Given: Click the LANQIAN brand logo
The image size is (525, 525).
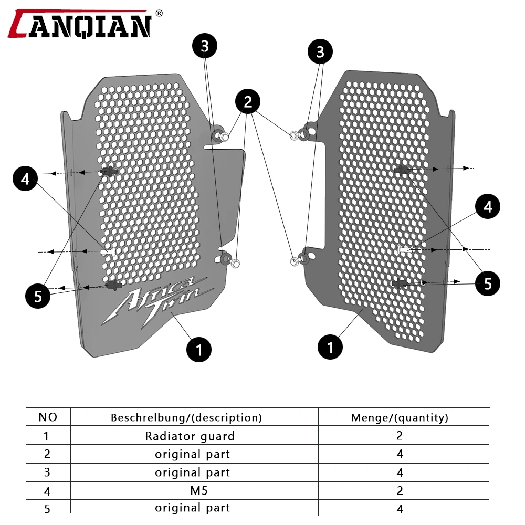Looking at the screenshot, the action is pyautogui.click(x=80, y=24).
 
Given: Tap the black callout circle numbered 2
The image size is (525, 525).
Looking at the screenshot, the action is pyautogui.click(x=248, y=102).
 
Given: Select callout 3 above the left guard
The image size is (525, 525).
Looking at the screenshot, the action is pyautogui.click(x=205, y=46).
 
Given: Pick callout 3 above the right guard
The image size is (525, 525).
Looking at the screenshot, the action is pyautogui.click(x=320, y=51).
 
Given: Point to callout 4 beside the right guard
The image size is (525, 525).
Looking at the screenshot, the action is pyautogui.click(x=488, y=207).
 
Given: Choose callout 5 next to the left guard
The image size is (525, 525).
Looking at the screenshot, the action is pyautogui.click(x=38, y=296).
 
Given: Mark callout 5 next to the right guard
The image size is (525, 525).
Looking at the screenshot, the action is pyautogui.click(x=488, y=284).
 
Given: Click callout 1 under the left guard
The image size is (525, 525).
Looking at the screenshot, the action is pyautogui.click(x=199, y=349).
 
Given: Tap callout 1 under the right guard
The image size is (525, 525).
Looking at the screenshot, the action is pyautogui.click(x=331, y=346).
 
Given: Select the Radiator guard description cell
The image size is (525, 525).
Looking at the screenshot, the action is pyautogui.click(x=190, y=436).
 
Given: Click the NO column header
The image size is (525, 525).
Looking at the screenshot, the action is pyautogui.click(x=48, y=417).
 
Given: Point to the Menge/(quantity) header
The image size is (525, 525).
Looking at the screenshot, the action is pyautogui.click(x=400, y=418).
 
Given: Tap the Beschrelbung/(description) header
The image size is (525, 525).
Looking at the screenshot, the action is pyautogui.click(x=186, y=418).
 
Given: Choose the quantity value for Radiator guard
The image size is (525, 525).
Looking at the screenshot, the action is pyautogui.click(x=400, y=435).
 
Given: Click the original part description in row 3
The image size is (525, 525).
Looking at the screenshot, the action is pyautogui.click(x=192, y=472).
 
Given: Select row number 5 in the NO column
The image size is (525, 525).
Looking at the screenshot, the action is pyautogui.click(x=47, y=508).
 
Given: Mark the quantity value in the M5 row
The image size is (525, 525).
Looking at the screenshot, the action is pyautogui.click(x=400, y=490).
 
